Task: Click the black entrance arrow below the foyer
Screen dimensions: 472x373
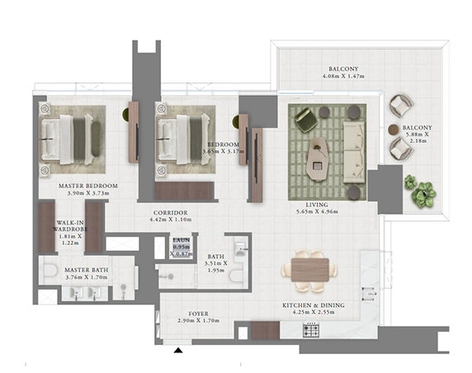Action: pyautogui.click(x=178, y=350)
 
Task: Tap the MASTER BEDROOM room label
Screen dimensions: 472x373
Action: pyautogui.click(x=88, y=186)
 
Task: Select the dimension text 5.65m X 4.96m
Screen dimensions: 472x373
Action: pyautogui.click(x=317, y=211)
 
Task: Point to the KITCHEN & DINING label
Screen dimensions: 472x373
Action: pyautogui.click(x=314, y=305)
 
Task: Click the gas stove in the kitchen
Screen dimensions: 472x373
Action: pyautogui.click(x=311, y=330)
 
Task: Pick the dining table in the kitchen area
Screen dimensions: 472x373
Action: pyautogui.click(x=309, y=270)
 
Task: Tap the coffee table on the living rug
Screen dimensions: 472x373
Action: pyautogui.click(x=317, y=159)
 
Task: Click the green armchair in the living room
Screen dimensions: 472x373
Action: pyautogui.click(x=305, y=120)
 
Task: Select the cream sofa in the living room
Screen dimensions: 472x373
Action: pyautogui.click(x=354, y=153)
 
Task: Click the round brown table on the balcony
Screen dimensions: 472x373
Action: pyautogui.click(x=394, y=130)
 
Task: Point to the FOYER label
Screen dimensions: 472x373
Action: pyautogui.click(x=198, y=314)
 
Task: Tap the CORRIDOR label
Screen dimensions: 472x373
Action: pyautogui.click(x=170, y=213)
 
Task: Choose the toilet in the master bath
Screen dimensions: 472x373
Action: pyautogui.click(x=50, y=270)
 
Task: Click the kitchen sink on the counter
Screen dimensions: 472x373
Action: pyautogui.click(x=369, y=294)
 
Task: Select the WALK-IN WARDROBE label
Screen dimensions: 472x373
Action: pyautogui.click(x=70, y=226)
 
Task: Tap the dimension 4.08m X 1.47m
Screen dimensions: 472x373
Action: pyautogui.click(x=343, y=76)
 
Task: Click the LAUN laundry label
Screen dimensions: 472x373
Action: pyautogui.click(x=182, y=240)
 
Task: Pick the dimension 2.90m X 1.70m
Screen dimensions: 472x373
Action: pyautogui.click(x=198, y=321)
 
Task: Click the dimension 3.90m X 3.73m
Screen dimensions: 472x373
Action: pyautogui.click(x=88, y=193)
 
